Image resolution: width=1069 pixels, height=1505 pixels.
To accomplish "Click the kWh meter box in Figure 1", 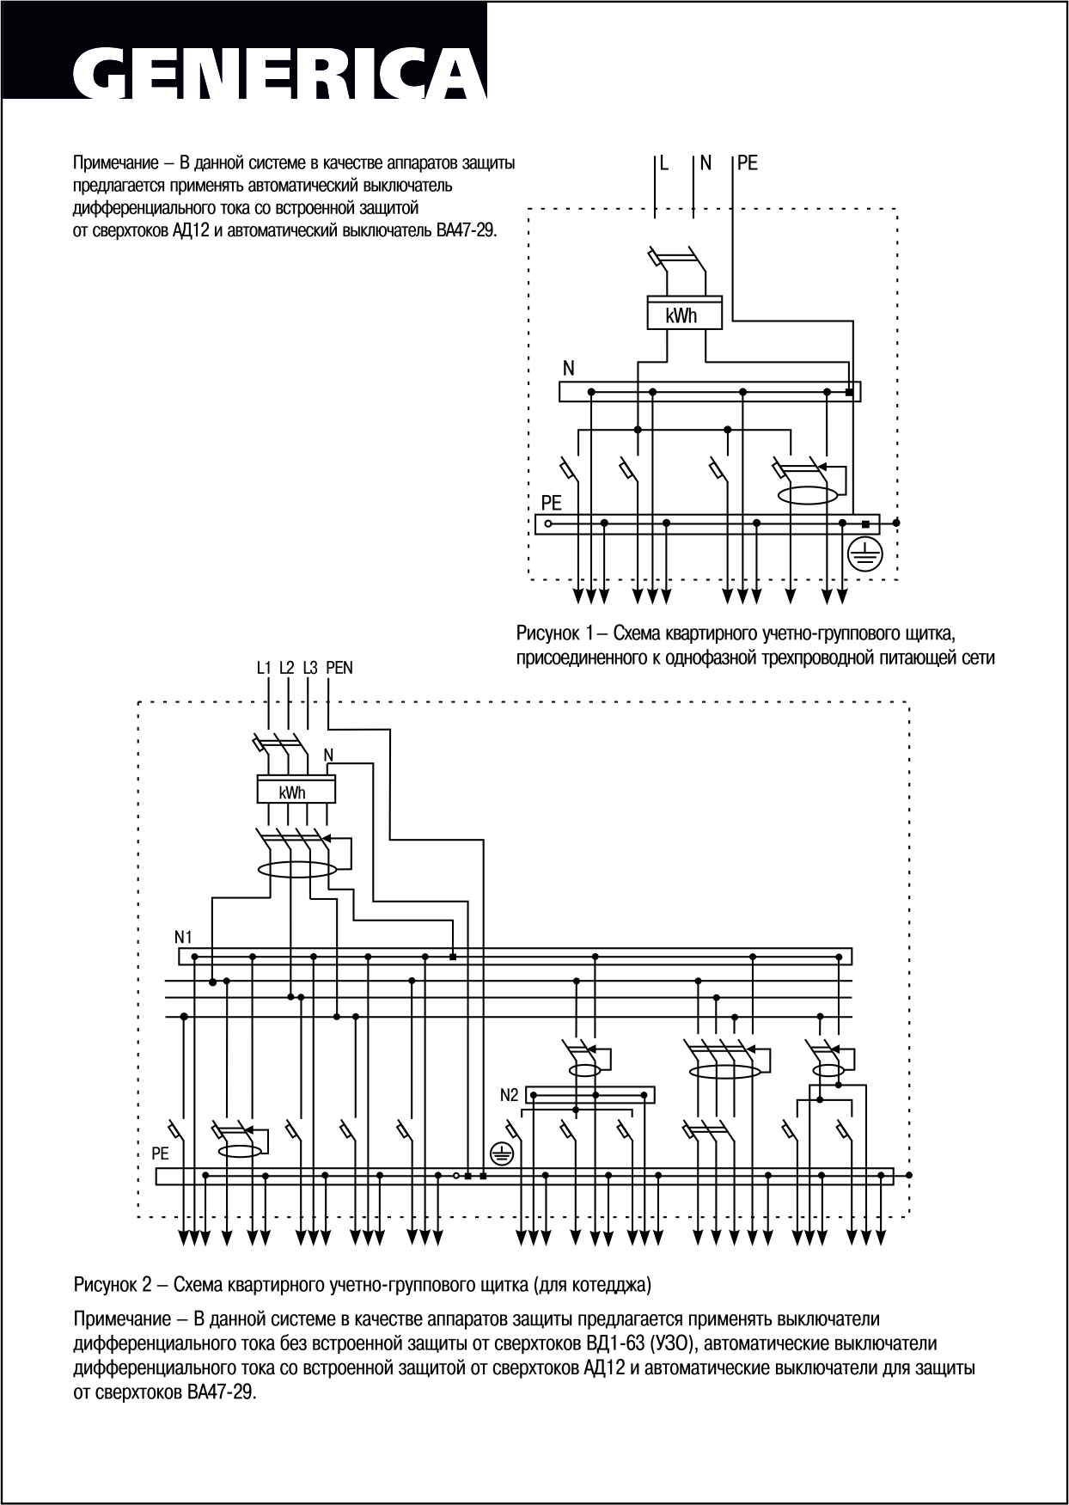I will (684, 315).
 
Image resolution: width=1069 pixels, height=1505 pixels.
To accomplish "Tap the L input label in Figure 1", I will (664, 163).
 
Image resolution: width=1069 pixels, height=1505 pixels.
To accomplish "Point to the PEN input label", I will (339, 668).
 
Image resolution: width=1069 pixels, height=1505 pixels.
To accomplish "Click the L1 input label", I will (264, 668).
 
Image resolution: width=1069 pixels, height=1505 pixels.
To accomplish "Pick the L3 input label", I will (310, 668).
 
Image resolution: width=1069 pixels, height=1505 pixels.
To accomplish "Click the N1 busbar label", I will (184, 936).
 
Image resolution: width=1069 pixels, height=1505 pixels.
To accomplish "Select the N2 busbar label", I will (510, 1096).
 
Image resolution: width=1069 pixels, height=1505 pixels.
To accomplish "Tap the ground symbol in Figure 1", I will (864, 555).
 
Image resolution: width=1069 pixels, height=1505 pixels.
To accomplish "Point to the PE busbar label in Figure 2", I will (161, 1154).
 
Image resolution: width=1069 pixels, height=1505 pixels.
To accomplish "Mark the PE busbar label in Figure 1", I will (551, 502).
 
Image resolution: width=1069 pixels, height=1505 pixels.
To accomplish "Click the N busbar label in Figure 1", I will (568, 369).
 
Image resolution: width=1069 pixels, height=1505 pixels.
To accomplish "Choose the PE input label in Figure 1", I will (748, 163).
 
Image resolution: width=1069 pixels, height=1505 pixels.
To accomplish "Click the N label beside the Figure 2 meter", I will (328, 756).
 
